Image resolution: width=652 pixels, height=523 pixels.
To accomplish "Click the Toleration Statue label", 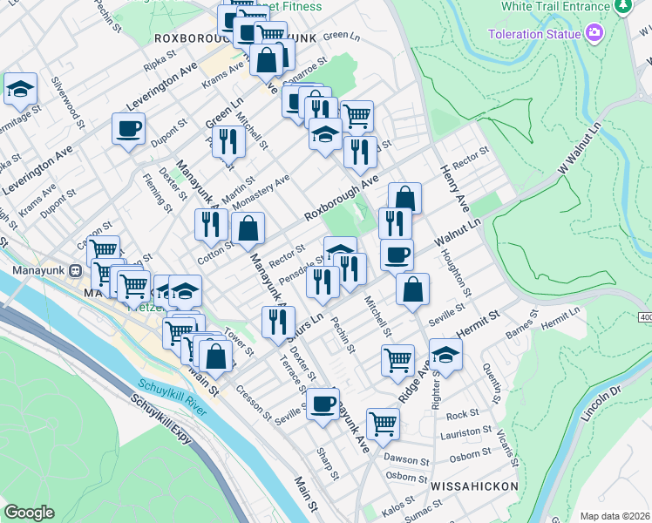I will pos(533,34).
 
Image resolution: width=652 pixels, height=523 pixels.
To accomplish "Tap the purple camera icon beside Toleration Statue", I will pos(595,34).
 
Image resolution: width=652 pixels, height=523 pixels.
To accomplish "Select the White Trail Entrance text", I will pos(554,6).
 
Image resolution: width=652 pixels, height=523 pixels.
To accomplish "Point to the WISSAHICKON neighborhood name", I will pos(473,485).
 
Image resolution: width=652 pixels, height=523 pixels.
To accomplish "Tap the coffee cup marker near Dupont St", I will pos(128,129).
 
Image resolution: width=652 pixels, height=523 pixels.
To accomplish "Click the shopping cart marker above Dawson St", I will pos(383,424).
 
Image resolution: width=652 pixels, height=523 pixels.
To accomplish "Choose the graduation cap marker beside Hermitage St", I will pos(20,88).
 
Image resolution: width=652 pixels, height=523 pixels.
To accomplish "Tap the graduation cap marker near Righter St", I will pos(445,355).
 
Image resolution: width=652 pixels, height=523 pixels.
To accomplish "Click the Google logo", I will pos(29,513).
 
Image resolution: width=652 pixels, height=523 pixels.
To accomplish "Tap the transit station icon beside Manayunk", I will pos(75,270).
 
